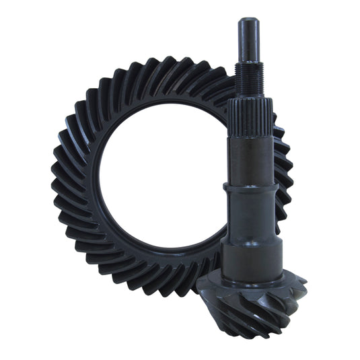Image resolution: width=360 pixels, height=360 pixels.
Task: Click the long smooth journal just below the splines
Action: coord(250,158)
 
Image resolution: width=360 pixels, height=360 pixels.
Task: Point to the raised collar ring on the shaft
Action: coord(248,191)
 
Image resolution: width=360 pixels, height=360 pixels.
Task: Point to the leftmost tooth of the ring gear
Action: coord(59,182)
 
